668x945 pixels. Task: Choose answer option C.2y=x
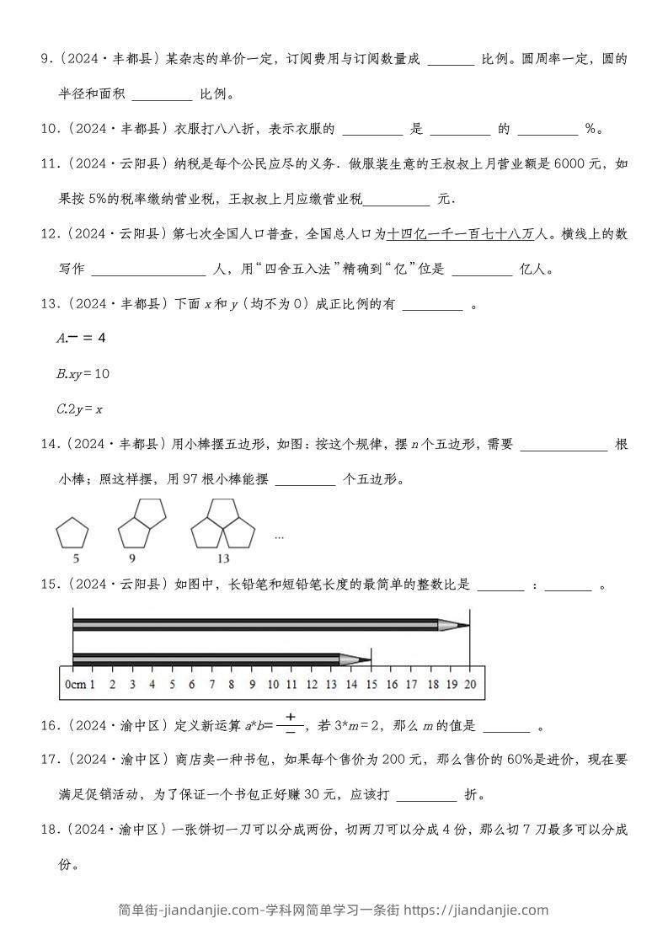click(x=79, y=409)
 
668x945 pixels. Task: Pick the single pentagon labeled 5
click(x=72, y=534)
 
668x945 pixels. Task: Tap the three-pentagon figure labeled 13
click(x=223, y=524)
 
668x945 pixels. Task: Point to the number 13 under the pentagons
click(x=222, y=558)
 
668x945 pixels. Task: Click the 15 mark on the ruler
click(x=371, y=684)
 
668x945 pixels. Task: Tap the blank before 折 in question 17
click(x=425, y=794)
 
